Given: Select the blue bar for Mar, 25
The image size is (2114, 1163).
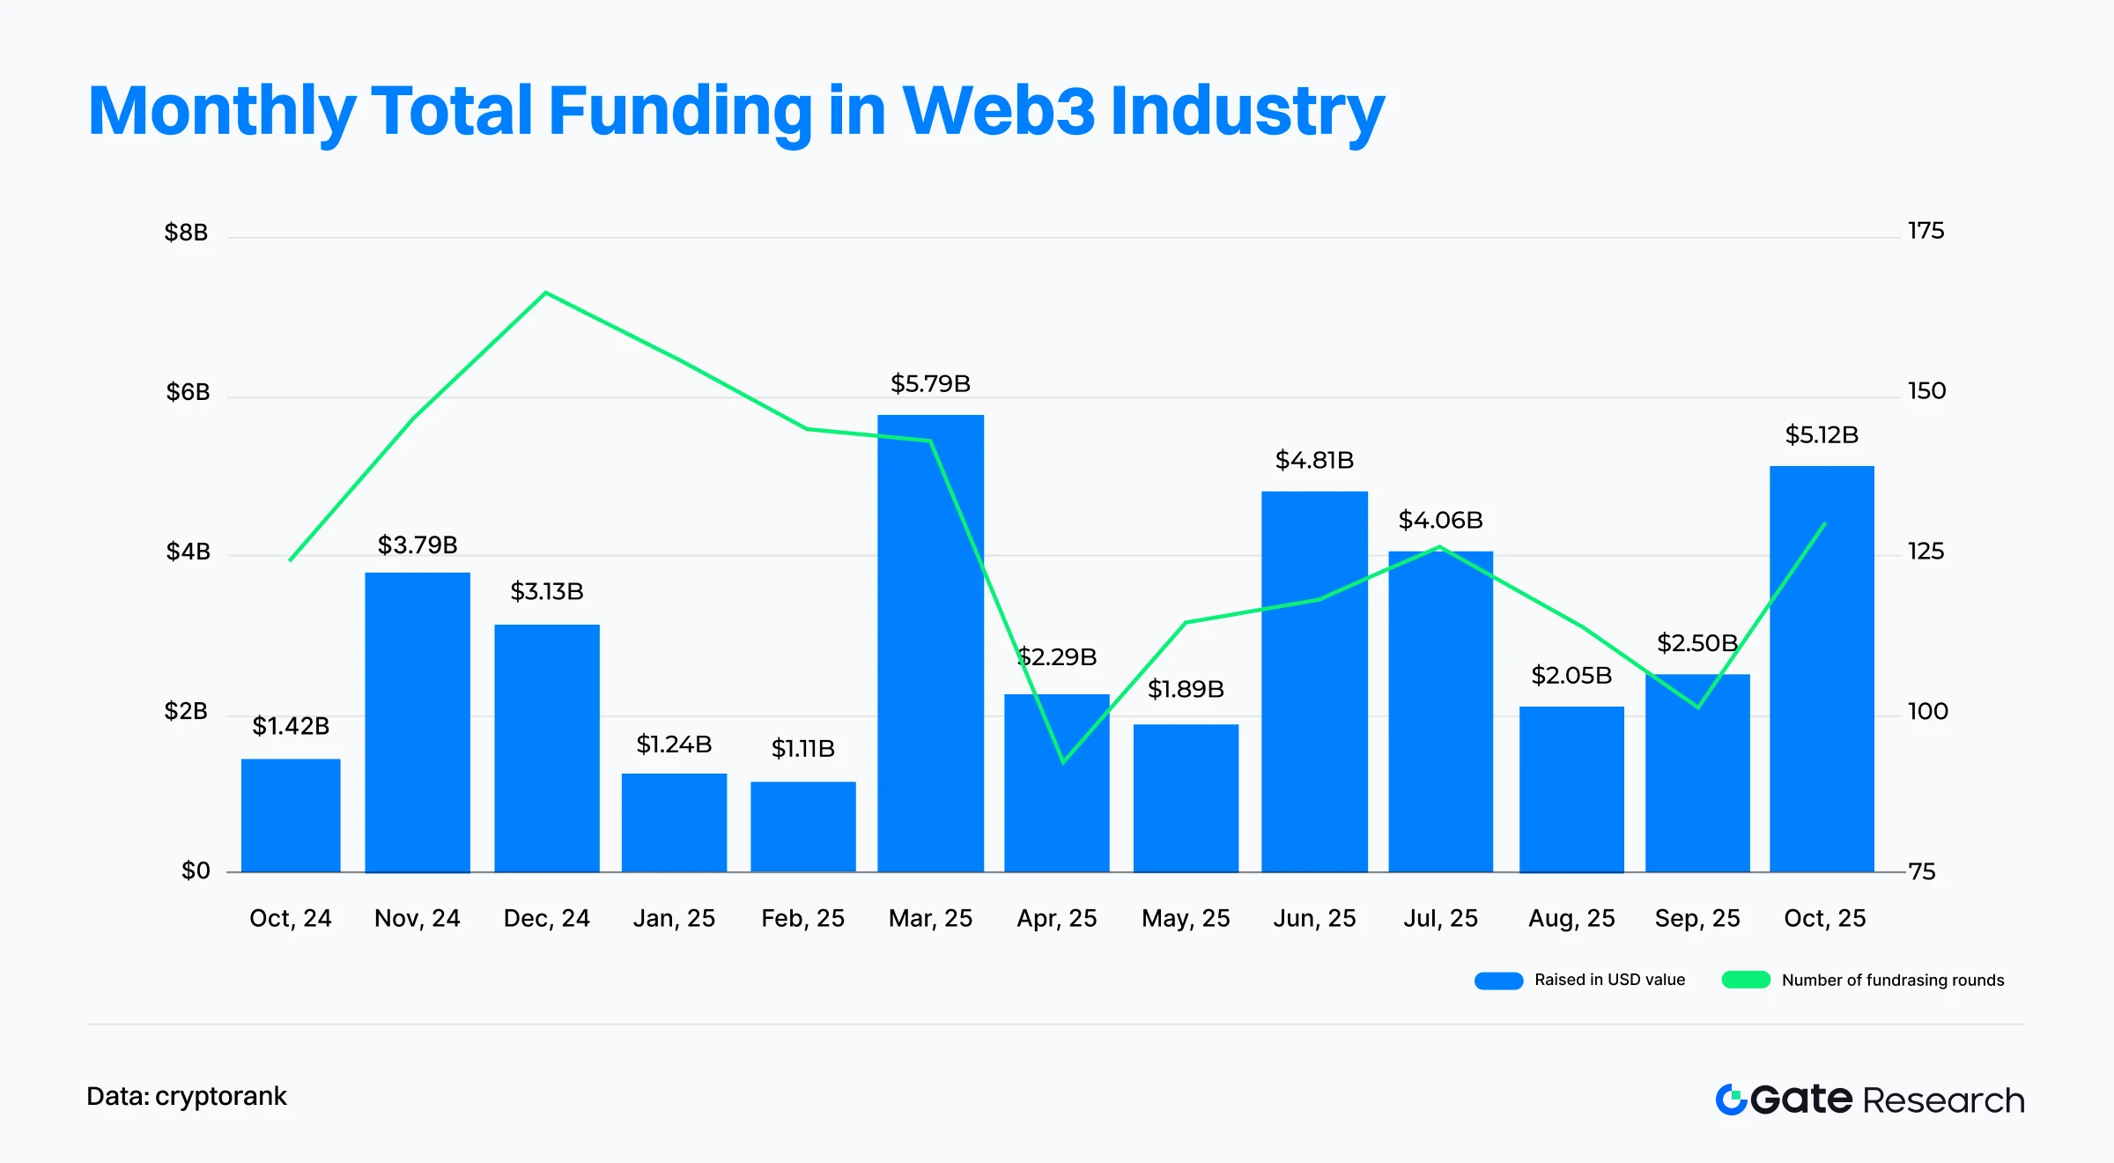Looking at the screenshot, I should [930, 643].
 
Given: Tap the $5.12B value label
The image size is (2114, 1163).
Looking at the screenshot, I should [1822, 434].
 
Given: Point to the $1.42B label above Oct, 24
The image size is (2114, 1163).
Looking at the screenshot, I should [291, 726].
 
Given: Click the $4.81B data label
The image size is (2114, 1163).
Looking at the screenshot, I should [1314, 460].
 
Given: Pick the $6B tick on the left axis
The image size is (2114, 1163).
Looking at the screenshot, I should [188, 392].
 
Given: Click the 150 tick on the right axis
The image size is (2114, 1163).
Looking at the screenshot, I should [1926, 390].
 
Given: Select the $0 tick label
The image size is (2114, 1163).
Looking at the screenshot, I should [196, 870].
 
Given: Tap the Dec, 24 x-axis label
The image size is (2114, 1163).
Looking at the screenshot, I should [546, 918].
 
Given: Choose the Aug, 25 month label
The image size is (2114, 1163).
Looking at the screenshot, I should [1571, 918].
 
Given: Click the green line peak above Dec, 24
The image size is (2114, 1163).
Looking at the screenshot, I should [546, 293].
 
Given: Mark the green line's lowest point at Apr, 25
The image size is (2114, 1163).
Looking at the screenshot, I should [1063, 762].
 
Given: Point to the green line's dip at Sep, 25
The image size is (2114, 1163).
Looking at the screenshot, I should [1697, 707].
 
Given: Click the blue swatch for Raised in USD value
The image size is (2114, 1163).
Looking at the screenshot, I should [1498, 981].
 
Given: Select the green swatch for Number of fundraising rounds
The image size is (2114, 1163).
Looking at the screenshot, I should [1746, 981].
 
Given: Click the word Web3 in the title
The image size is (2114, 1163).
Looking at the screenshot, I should [998, 111].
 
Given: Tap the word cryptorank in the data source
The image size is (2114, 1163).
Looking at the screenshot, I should [221, 1096].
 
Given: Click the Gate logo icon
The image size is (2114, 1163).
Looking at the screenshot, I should [1731, 1100].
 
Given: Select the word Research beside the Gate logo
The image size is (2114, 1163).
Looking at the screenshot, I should [1943, 1100].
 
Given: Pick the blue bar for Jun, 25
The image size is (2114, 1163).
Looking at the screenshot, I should [1314, 682].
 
